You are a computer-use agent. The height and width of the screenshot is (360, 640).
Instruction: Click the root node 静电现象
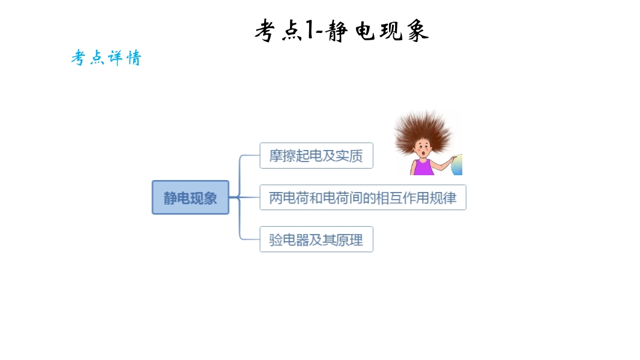190,197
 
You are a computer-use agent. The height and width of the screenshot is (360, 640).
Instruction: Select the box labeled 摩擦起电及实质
316,155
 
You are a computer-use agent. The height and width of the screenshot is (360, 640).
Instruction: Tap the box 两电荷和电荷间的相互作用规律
363,197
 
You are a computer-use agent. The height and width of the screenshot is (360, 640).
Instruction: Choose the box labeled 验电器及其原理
316,239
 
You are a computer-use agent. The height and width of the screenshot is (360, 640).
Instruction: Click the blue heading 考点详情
106,58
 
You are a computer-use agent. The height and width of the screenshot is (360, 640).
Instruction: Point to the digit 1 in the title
310,30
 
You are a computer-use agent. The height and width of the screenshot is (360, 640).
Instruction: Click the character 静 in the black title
337,31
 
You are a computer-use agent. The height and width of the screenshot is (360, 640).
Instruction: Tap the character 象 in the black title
417,31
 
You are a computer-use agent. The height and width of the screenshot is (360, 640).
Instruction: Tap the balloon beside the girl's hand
457,165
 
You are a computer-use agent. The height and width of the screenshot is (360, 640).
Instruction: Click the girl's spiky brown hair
423,129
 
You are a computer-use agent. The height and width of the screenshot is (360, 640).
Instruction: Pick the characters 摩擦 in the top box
282,156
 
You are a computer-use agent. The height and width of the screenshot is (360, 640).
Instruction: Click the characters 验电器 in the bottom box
289,240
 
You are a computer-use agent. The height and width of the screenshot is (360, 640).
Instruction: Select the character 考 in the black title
265,31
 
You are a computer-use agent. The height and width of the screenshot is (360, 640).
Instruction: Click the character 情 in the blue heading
134,58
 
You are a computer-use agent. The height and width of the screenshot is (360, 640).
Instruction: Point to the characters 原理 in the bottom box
349,240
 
